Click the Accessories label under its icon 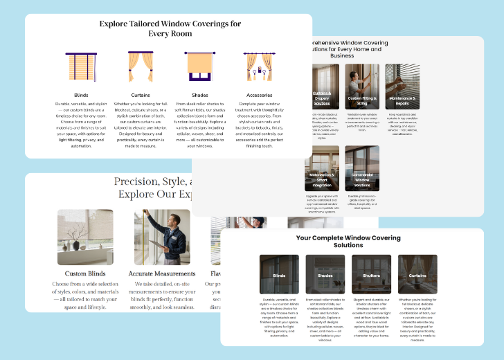tap(259, 95)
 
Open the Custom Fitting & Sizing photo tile tap(362, 87)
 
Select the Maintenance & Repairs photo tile tap(404, 87)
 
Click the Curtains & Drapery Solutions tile tap(321, 87)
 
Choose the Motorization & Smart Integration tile tap(321, 168)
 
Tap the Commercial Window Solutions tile tap(362, 168)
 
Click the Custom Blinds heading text tap(85, 273)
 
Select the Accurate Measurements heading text tap(162, 273)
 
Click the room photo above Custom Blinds tap(85, 237)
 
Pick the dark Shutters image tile tap(371, 275)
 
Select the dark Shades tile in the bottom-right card tap(325, 275)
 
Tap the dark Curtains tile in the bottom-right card tap(417, 275)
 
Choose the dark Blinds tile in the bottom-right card tap(279, 275)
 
